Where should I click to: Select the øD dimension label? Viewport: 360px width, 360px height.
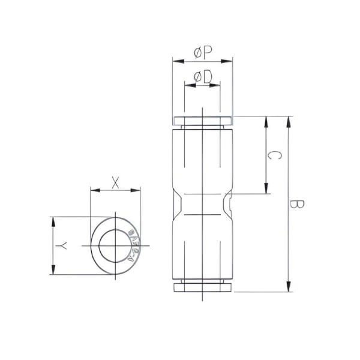[203, 77]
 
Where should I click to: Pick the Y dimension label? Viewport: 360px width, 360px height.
[61, 246]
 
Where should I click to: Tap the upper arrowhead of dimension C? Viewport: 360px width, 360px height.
[266, 121]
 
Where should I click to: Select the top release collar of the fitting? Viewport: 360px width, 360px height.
[203, 121]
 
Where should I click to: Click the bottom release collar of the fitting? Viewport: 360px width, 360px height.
[203, 287]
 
